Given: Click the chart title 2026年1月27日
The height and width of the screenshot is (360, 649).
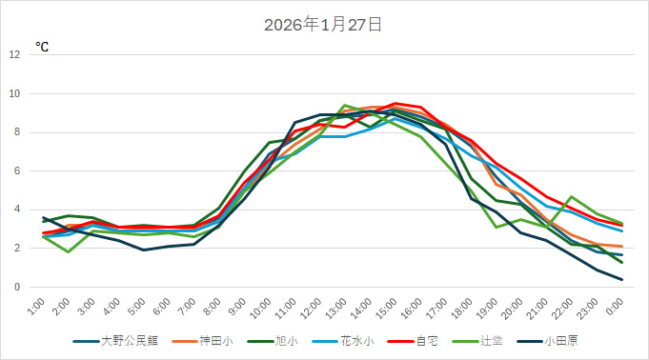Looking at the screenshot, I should (324, 25).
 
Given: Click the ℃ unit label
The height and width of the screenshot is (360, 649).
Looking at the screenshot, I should (43, 46).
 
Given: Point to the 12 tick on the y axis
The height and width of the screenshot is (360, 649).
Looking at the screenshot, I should (13, 54).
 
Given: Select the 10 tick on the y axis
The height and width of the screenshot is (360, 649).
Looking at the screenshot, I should (13, 93).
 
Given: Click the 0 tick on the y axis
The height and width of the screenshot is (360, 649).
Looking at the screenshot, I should (16, 288).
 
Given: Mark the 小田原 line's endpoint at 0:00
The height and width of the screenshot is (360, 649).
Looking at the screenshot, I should (622, 279).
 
